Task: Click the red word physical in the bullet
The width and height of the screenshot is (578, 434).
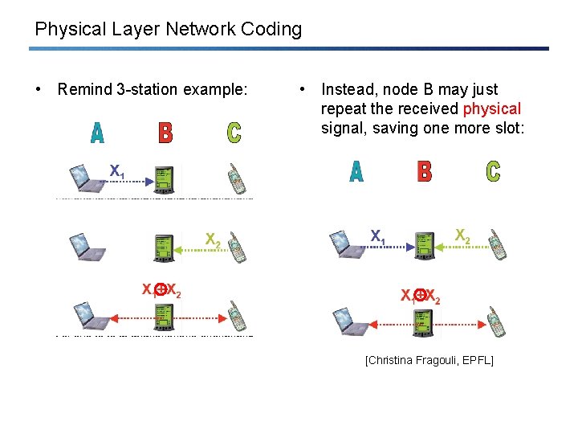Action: (x=492, y=108)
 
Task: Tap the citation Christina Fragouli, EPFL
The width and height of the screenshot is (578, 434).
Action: (x=429, y=360)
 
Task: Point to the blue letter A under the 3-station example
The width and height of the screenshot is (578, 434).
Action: (x=97, y=133)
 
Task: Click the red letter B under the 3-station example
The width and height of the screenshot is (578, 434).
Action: (x=165, y=133)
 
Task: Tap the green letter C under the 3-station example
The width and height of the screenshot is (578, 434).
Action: (x=234, y=133)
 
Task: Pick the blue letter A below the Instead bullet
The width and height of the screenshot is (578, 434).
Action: (x=356, y=171)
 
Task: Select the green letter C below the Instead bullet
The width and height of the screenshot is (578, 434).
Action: (x=493, y=171)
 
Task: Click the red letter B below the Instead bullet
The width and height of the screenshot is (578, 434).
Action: (x=425, y=171)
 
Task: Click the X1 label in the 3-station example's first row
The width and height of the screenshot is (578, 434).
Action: (x=117, y=171)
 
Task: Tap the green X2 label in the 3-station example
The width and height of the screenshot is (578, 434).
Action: (x=213, y=240)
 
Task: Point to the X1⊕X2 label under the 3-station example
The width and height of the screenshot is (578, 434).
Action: (x=161, y=291)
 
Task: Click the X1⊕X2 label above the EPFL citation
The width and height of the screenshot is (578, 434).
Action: (x=421, y=296)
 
